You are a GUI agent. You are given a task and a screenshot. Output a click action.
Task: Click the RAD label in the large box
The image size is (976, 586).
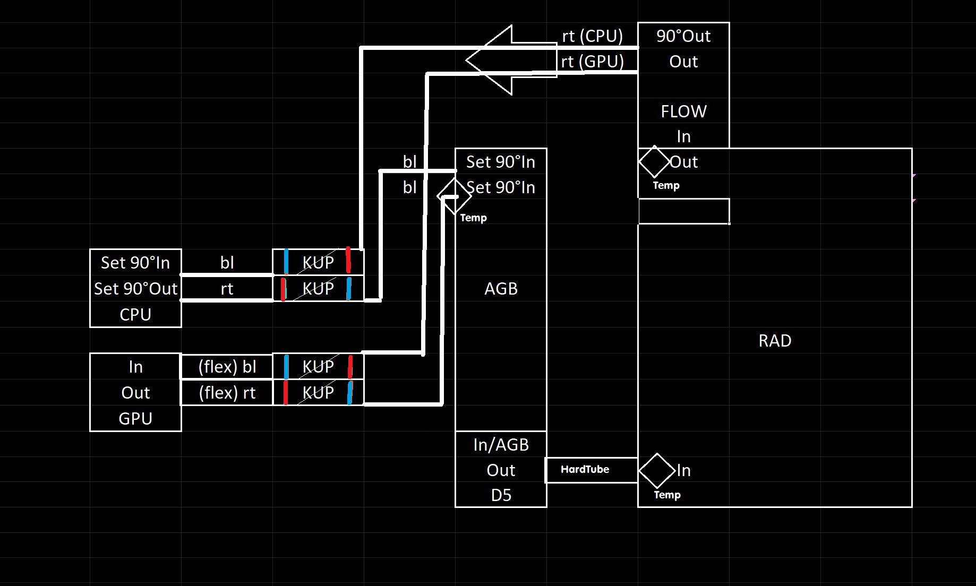click(775, 341)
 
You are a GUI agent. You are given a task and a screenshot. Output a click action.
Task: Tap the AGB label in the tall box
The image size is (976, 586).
click(501, 289)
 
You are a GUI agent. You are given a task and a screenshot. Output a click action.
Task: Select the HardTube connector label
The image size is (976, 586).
click(585, 469)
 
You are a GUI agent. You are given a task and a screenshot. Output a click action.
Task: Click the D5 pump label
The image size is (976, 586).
click(501, 495)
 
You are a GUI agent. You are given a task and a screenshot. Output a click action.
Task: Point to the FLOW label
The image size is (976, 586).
click(683, 111)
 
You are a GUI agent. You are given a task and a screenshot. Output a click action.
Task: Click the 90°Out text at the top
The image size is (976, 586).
click(683, 36)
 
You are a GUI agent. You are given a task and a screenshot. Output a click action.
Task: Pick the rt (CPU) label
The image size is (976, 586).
click(592, 36)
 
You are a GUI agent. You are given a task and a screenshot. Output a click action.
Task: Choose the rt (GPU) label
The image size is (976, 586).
click(592, 62)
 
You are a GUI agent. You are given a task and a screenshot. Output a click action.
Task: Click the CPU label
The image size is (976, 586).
click(135, 315)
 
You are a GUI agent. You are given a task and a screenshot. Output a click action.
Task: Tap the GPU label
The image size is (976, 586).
click(135, 419)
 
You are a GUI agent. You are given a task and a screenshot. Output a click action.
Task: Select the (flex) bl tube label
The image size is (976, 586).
click(227, 367)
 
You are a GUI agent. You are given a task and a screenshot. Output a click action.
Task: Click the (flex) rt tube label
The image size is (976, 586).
click(227, 393)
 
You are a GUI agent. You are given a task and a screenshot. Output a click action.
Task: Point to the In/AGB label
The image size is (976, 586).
click(501, 445)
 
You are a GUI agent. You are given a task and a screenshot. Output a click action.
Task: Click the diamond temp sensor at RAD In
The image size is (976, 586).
click(657, 470)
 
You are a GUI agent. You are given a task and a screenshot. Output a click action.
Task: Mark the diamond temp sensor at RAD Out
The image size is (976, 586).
click(654, 161)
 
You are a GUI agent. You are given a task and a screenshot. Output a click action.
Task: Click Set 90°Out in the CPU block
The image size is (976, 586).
click(135, 289)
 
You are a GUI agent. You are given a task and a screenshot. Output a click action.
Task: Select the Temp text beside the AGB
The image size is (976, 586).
click(473, 218)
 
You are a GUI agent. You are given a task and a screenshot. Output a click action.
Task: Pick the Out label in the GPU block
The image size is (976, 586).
click(135, 393)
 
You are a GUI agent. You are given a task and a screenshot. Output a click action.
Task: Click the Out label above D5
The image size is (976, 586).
click(501, 470)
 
